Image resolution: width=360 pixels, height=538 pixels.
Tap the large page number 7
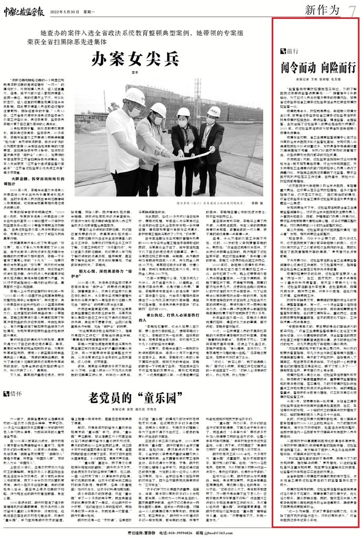click(x=352, y=10)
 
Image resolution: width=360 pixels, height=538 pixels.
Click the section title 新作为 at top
click(x=325, y=11)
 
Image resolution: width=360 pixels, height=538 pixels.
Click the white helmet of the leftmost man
click(x=135, y=97)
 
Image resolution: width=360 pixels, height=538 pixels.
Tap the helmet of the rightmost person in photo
click(x=214, y=111)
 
